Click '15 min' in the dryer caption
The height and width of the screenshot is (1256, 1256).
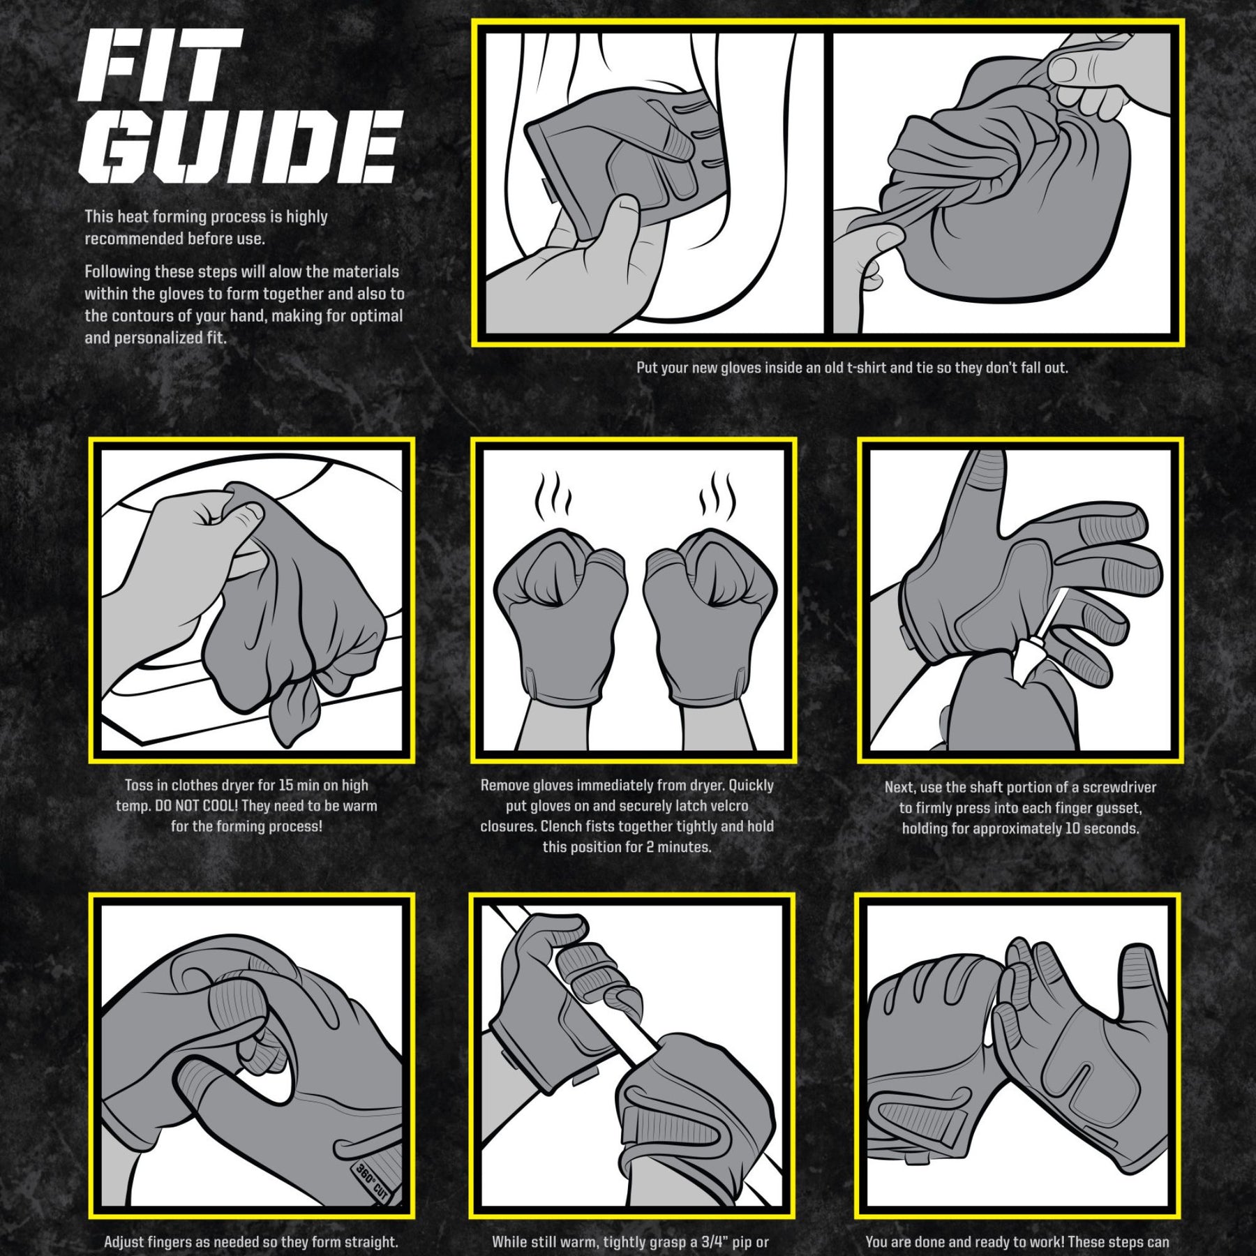click(301, 786)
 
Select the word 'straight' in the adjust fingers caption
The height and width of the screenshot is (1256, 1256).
click(367, 1243)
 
